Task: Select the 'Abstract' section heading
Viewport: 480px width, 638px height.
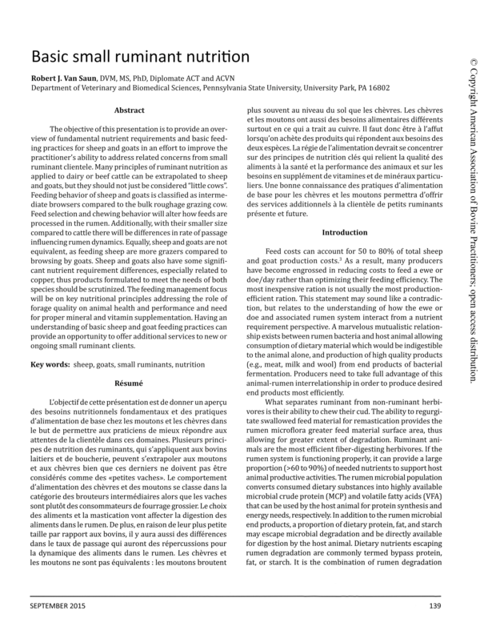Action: pyautogui.click(x=130, y=110)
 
